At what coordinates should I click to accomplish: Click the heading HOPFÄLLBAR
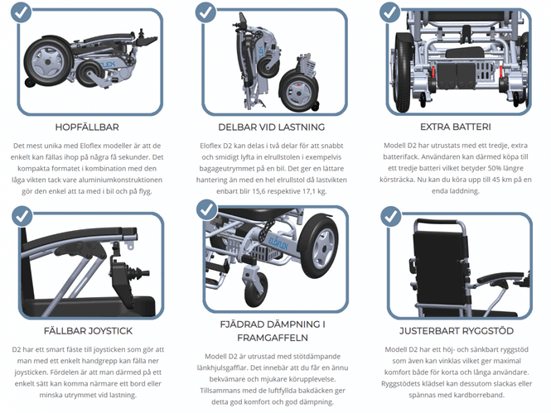tap(87, 127)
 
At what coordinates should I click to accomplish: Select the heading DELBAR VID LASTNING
tap(271, 127)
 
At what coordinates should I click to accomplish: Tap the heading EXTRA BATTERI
tap(456, 127)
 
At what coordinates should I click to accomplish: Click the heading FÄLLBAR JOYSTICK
tap(88, 331)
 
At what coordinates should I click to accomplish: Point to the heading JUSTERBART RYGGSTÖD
tap(456, 331)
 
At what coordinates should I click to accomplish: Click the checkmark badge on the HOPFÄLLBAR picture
tap(21, 12)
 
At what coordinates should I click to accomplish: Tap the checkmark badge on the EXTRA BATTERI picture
tap(389, 12)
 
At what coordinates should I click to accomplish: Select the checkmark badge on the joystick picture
tap(22, 216)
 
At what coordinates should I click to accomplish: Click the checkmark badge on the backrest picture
tap(391, 216)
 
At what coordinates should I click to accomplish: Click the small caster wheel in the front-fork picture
tap(255, 291)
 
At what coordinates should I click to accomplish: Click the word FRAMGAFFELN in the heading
tap(273, 338)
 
